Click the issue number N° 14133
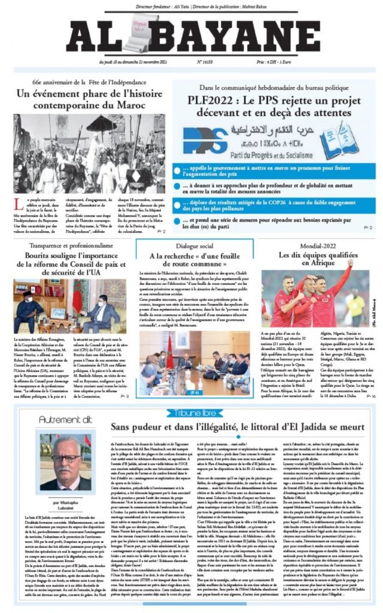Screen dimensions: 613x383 pos(207,62)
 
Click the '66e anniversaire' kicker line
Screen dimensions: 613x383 pos(90,81)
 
